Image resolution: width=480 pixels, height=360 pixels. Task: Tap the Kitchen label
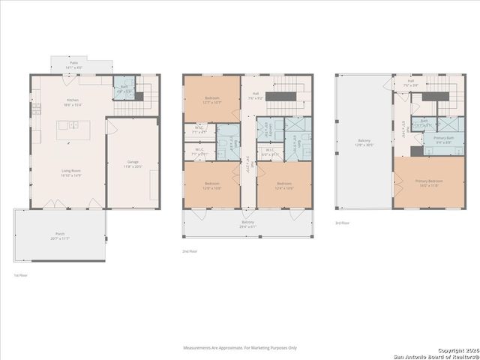click(x=73, y=102)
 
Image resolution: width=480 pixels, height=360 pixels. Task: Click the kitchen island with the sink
click(x=73, y=125)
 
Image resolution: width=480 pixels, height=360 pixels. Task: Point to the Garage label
click(x=133, y=163)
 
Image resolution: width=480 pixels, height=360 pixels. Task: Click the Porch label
click(x=59, y=235)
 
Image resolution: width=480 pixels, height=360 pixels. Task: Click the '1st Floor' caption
click(x=21, y=276)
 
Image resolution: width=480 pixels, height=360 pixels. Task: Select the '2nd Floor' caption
click(x=190, y=251)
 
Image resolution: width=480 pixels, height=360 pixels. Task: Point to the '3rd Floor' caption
click(x=343, y=223)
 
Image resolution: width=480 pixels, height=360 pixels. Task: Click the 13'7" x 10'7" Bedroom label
click(x=212, y=101)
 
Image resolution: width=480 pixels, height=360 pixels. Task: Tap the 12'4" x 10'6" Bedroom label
click(x=283, y=185)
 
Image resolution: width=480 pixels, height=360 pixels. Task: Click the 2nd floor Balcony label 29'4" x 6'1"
click(x=247, y=223)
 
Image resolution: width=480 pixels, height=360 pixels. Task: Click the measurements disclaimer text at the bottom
click(x=240, y=348)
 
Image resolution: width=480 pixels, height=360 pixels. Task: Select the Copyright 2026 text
click(x=457, y=350)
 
